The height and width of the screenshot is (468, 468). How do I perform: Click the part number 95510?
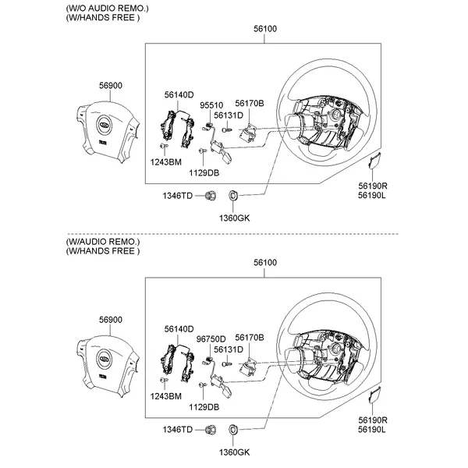211,104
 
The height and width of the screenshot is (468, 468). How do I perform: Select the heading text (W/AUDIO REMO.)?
104,242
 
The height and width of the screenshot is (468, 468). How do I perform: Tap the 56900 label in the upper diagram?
110,85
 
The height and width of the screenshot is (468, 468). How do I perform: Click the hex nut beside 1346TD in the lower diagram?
211,429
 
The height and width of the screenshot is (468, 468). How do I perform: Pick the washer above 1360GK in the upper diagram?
232,195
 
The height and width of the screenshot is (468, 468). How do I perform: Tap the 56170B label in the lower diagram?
250,337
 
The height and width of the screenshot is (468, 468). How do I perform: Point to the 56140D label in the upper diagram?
179,94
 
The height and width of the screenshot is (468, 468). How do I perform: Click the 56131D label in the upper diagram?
229,115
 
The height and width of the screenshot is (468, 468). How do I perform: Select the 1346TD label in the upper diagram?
177,195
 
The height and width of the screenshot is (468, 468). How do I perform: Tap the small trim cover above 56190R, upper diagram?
373,162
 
